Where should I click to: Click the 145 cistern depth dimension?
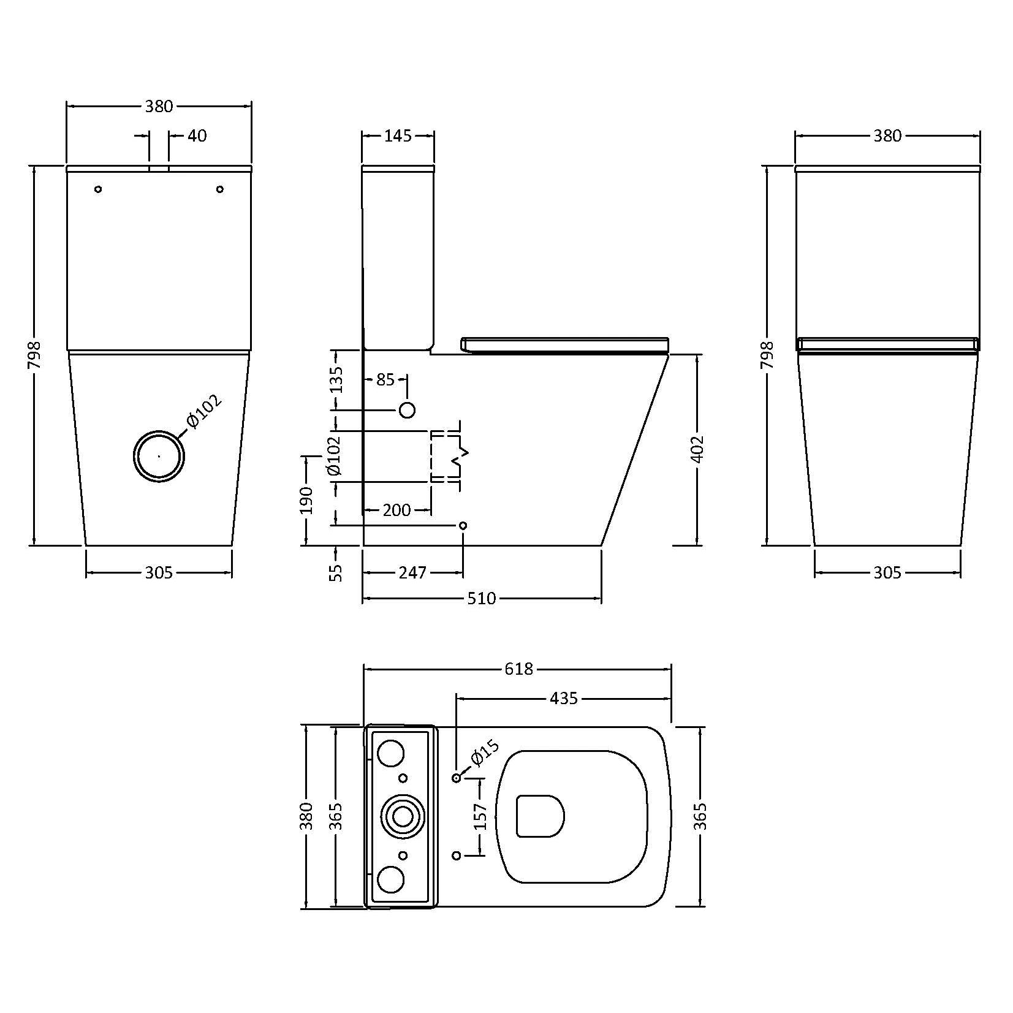click(x=398, y=136)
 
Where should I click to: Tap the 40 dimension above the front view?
click(x=197, y=135)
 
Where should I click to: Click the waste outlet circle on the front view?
click(x=159, y=456)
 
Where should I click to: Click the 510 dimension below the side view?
click(x=481, y=598)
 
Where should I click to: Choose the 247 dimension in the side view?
click(x=412, y=572)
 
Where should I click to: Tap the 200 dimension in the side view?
click(x=396, y=510)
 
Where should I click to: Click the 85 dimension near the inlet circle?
click(x=385, y=380)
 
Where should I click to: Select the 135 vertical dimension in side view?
click(x=336, y=380)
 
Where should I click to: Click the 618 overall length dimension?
click(x=518, y=669)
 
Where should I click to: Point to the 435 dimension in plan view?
click(x=564, y=698)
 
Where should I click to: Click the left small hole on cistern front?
click(x=98, y=189)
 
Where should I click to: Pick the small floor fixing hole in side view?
click(x=463, y=525)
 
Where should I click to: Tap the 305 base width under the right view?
click(x=887, y=572)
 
